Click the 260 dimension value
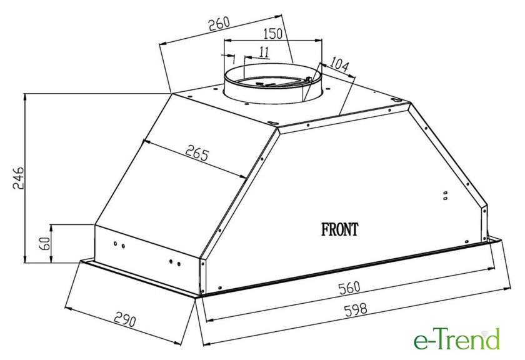(219, 24)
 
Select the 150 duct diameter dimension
(273, 34)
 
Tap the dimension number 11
(264, 52)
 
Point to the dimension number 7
(234, 59)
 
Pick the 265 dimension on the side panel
(197, 152)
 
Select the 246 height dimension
(18, 177)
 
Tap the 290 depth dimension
(125, 319)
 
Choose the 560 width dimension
(349, 288)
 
